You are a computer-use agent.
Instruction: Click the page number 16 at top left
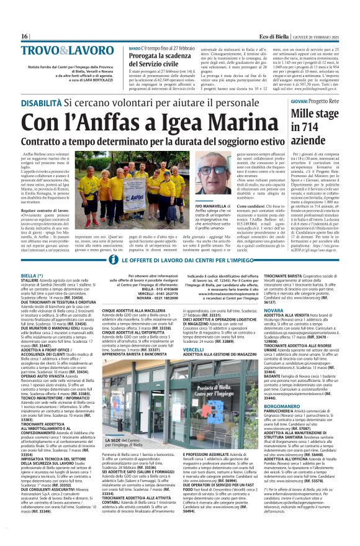(x=25, y=37)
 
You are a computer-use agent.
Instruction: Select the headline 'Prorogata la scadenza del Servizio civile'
(x=159, y=60)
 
